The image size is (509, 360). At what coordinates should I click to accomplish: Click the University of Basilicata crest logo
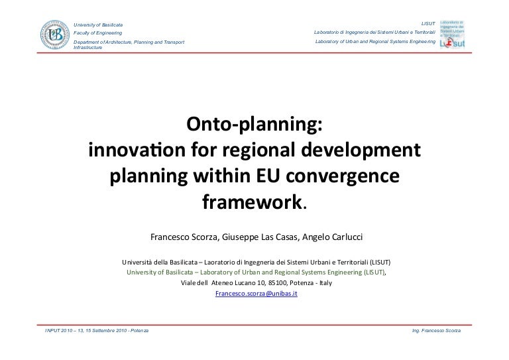click(55, 36)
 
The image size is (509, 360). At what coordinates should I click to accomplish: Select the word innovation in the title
click(132, 150)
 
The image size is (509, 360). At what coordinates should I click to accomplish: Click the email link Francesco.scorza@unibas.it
click(256, 292)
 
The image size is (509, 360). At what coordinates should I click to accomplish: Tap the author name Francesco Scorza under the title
click(179, 237)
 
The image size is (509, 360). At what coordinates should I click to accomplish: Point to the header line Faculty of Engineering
click(97, 32)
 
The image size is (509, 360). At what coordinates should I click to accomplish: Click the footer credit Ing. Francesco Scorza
click(436, 330)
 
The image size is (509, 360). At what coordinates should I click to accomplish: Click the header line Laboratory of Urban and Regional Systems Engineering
click(376, 42)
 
